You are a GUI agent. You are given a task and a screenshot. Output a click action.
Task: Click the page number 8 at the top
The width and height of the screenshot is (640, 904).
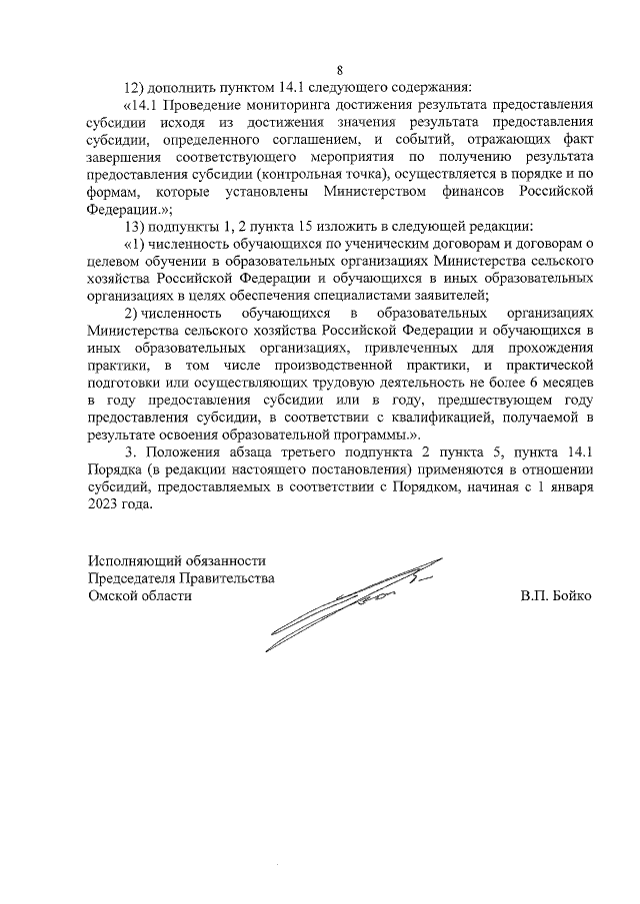pyautogui.click(x=340, y=69)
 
